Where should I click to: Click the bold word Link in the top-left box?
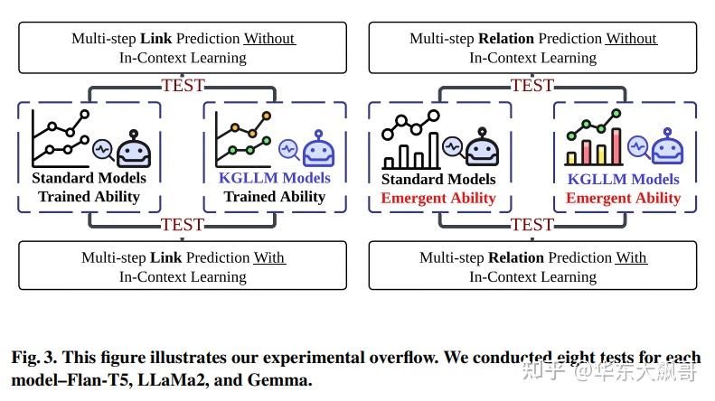[x=156, y=38]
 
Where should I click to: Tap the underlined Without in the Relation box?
[x=631, y=38]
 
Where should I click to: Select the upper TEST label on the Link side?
[x=183, y=86]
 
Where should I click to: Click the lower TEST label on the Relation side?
[x=532, y=225]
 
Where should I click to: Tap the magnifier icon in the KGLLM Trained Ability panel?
[x=289, y=146]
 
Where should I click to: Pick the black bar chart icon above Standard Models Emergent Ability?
[x=410, y=140]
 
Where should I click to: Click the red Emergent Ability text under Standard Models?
[x=438, y=198]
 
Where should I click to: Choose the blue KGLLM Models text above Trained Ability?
[x=275, y=178]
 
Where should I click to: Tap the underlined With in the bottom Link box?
[x=268, y=257]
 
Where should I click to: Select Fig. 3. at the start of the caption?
[x=35, y=358]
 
